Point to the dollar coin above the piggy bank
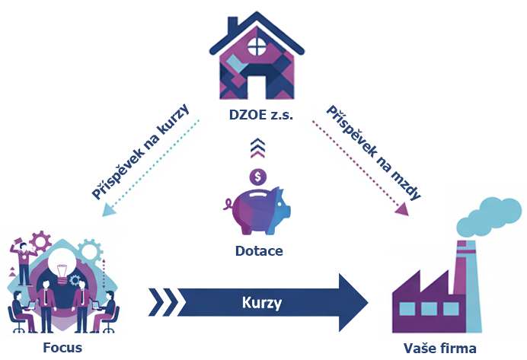[x=260, y=177]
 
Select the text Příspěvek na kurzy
[x=142, y=149]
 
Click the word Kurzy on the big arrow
[x=262, y=303]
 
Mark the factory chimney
[x=462, y=263]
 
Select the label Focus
[x=63, y=348]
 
